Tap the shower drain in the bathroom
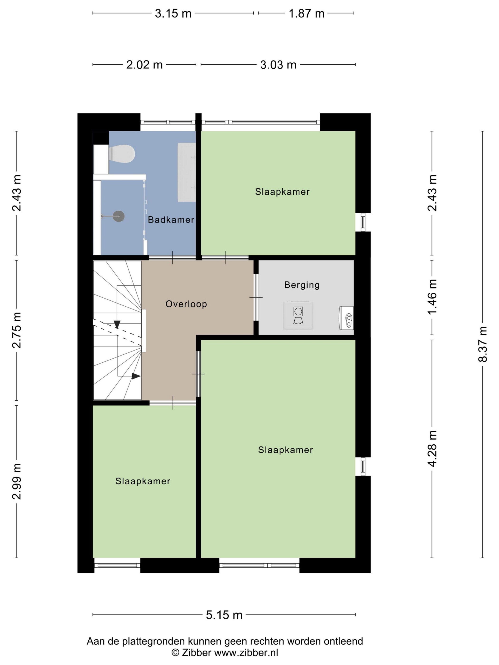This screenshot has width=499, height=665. pyautogui.click(x=119, y=216)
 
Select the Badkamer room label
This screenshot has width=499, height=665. pyautogui.click(x=171, y=220)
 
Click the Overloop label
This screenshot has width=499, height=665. pyautogui.click(x=186, y=304)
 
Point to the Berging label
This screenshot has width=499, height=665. pyautogui.click(x=302, y=285)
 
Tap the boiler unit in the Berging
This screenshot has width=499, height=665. pyautogui.click(x=346, y=318)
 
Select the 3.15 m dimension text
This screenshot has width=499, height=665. pyautogui.click(x=173, y=14)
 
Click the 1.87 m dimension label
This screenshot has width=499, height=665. pyautogui.click(x=307, y=14)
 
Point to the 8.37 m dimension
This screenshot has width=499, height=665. pyautogui.click(x=482, y=344)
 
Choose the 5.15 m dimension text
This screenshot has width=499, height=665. pyautogui.click(x=224, y=615)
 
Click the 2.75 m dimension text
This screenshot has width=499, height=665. pyautogui.click(x=17, y=330)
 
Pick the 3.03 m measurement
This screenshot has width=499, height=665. pyautogui.click(x=278, y=65)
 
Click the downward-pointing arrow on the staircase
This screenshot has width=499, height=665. pyautogui.click(x=117, y=324)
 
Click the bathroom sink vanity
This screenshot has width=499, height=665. pyautogui.click(x=187, y=172)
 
